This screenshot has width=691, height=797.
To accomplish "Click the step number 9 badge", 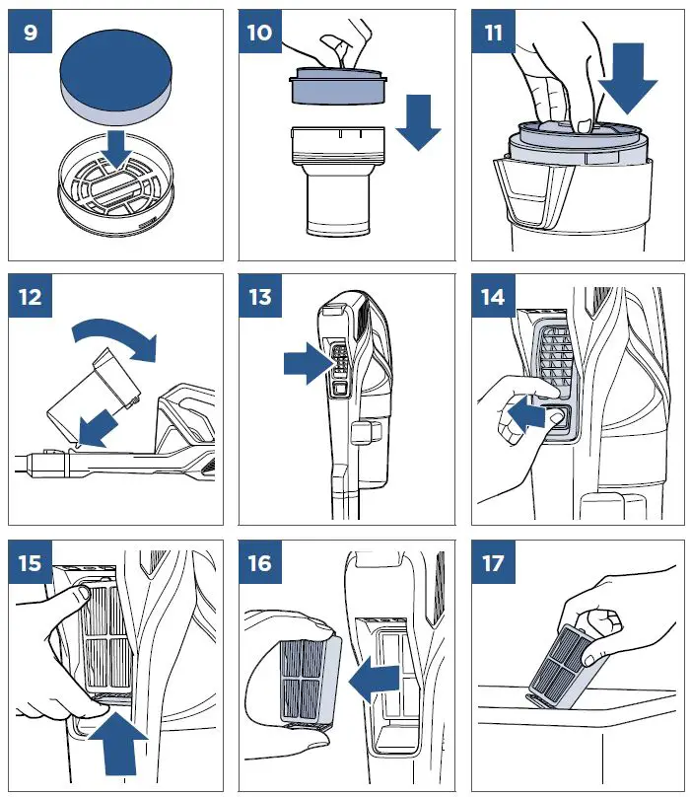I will tap(32, 33).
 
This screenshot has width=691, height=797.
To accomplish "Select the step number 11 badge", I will tap(493, 33).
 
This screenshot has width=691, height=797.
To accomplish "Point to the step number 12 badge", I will tap(32, 296).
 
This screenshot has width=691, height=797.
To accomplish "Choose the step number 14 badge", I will tap(493, 296).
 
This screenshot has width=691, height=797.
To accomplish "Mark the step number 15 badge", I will tap(32, 562).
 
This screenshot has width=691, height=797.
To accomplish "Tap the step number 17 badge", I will tap(493, 562).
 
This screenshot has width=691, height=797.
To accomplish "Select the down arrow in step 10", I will tap(421, 124).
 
